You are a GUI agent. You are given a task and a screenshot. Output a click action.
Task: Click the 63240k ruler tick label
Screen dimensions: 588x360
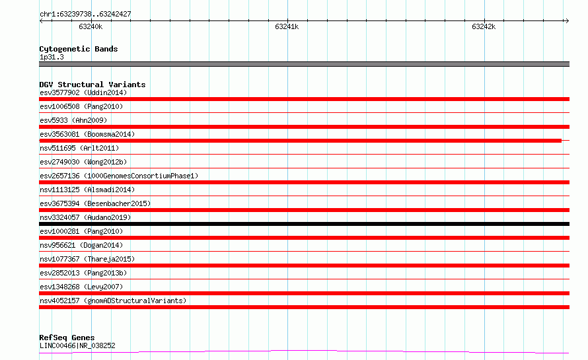tap(91, 26)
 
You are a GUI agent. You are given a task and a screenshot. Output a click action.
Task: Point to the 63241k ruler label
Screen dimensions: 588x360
tap(287, 26)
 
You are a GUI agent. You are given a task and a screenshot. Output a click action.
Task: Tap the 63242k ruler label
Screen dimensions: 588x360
tap(484, 26)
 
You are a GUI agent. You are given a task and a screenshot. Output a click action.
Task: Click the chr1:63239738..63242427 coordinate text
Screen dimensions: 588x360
tap(85, 14)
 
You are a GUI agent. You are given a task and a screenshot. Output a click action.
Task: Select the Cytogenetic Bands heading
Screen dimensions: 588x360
tap(79, 49)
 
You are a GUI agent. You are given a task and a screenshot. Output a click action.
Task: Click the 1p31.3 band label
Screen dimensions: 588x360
tap(52, 57)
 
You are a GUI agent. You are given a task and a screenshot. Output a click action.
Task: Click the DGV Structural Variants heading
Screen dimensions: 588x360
tap(92, 85)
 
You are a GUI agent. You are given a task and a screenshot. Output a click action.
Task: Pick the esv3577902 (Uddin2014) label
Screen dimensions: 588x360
tap(83, 92)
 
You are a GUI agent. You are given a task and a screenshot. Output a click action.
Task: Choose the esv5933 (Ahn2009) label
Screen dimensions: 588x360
tap(73, 120)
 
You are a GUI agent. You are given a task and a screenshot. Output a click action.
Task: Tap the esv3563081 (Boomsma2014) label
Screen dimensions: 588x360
tap(87, 134)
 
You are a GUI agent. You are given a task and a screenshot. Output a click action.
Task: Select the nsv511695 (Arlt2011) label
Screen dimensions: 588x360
tap(79, 148)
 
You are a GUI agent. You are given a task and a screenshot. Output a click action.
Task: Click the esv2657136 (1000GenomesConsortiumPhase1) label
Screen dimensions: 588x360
tap(119, 176)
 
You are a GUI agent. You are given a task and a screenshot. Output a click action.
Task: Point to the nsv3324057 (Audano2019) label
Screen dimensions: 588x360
tap(85, 217)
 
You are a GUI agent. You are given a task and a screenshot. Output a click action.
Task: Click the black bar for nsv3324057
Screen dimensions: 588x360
tap(304, 224)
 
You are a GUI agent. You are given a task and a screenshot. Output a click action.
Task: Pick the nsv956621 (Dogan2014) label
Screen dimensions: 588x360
tap(81, 245)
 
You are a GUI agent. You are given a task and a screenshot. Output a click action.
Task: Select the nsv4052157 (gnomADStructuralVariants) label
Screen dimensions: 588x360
tap(113, 301)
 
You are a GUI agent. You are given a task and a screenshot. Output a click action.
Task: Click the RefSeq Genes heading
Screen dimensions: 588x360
tap(67, 338)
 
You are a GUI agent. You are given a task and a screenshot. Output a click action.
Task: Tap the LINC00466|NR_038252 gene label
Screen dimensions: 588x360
tap(77, 345)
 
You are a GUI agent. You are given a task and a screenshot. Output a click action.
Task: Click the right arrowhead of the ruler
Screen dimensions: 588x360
tap(568, 20)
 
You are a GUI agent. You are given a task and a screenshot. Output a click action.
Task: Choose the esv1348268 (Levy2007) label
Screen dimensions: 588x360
tap(81, 287)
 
